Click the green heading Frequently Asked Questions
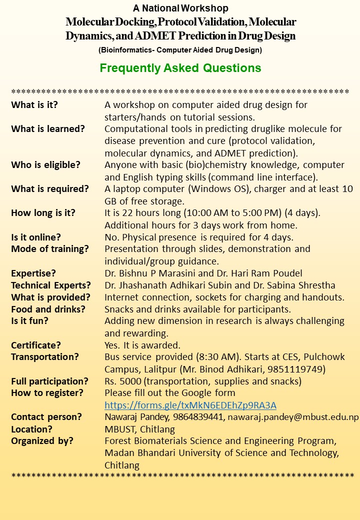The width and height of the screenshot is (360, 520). [x=180, y=68]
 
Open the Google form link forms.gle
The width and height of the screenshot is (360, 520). [x=190, y=405]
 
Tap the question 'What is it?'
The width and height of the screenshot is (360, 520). [x=34, y=105]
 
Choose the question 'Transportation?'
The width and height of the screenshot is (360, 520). [x=45, y=357]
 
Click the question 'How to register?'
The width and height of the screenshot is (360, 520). [x=47, y=393]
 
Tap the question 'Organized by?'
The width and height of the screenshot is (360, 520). [x=42, y=441]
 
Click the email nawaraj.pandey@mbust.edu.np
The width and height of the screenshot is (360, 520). [x=293, y=417]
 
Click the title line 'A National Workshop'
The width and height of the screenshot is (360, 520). [x=180, y=8]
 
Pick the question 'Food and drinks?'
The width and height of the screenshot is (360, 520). [x=48, y=309]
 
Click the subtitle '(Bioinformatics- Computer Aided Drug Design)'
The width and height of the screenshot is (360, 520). [x=180, y=50]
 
